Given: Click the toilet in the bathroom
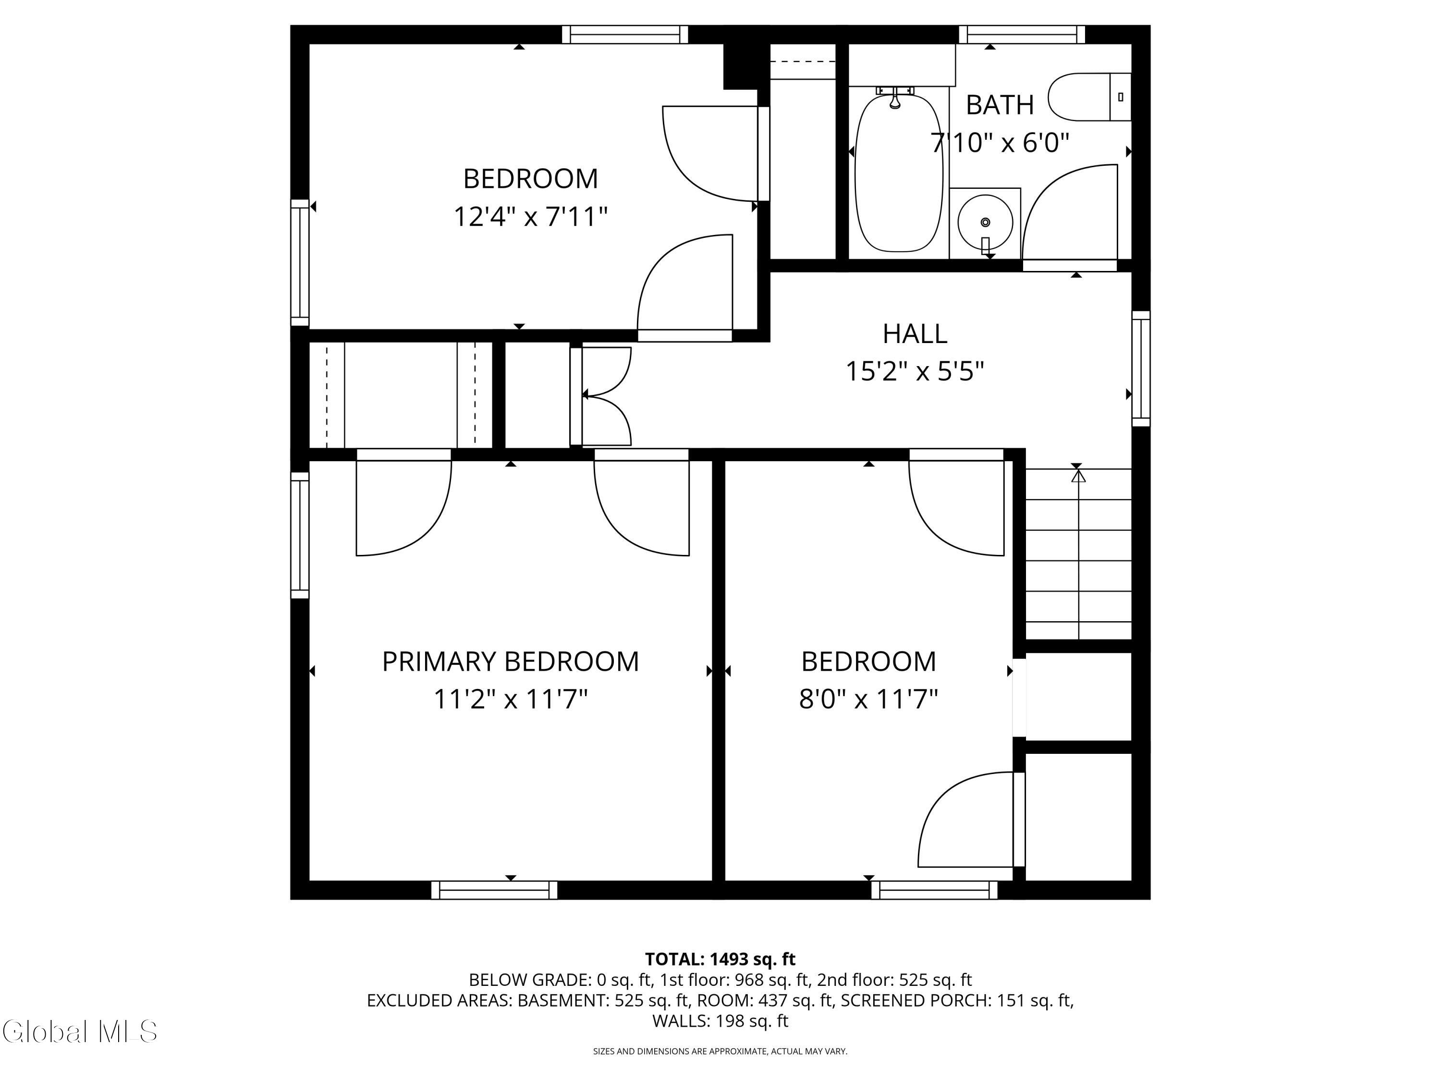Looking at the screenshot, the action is [1089, 97].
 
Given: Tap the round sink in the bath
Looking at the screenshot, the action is [985, 221].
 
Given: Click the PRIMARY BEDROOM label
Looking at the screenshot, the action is [510, 662].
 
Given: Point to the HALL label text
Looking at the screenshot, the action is [915, 333].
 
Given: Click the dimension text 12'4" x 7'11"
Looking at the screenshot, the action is [530, 216].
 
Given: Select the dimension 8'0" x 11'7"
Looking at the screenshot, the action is [868, 699].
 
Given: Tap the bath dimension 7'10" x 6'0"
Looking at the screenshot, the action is [1000, 142].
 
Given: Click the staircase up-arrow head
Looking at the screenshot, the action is [1079, 476].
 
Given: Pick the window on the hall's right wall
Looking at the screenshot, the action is [1141, 369].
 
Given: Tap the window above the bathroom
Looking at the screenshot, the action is [1022, 35].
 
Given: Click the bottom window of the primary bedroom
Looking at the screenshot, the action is [494, 890].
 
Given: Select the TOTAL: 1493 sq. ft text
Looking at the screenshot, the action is [720, 959].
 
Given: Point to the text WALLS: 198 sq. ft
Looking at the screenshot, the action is [720, 1021].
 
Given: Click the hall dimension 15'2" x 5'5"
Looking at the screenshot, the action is [915, 372].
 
